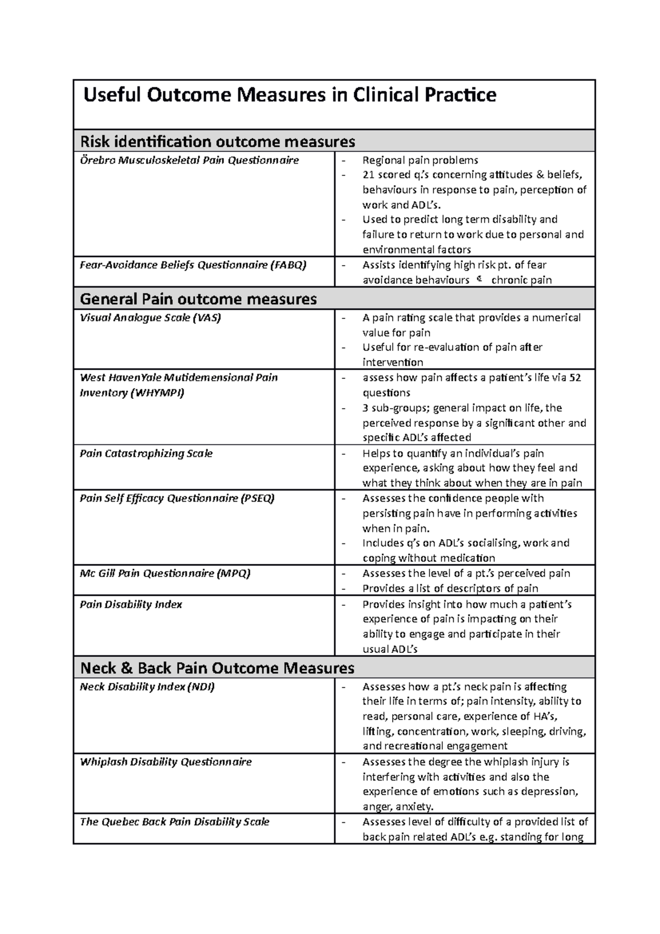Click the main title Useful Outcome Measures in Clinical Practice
click(x=289, y=95)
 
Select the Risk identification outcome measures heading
click(x=217, y=142)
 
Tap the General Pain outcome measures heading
click(x=198, y=299)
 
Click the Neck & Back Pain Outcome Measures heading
click(x=217, y=668)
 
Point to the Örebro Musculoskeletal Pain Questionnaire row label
click(x=189, y=160)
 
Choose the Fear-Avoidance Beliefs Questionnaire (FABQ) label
click(x=193, y=265)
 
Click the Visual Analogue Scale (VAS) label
click(x=150, y=317)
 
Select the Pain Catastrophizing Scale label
click(x=146, y=453)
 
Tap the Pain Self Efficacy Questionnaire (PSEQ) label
click(x=177, y=498)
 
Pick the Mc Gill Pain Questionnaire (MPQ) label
click(x=165, y=573)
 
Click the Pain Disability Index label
click(x=131, y=604)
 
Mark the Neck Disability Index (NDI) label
click(x=147, y=686)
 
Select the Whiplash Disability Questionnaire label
click(x=166, y=762)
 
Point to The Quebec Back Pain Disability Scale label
click(x=174, y=822)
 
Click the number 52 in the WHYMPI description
click(x=575, y=378)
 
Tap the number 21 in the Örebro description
click(x=368, y=175)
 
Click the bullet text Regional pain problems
click(x=420, y=160)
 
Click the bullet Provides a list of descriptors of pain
click(x=450, y=589)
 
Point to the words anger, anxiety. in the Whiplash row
click(x=398, y=807)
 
